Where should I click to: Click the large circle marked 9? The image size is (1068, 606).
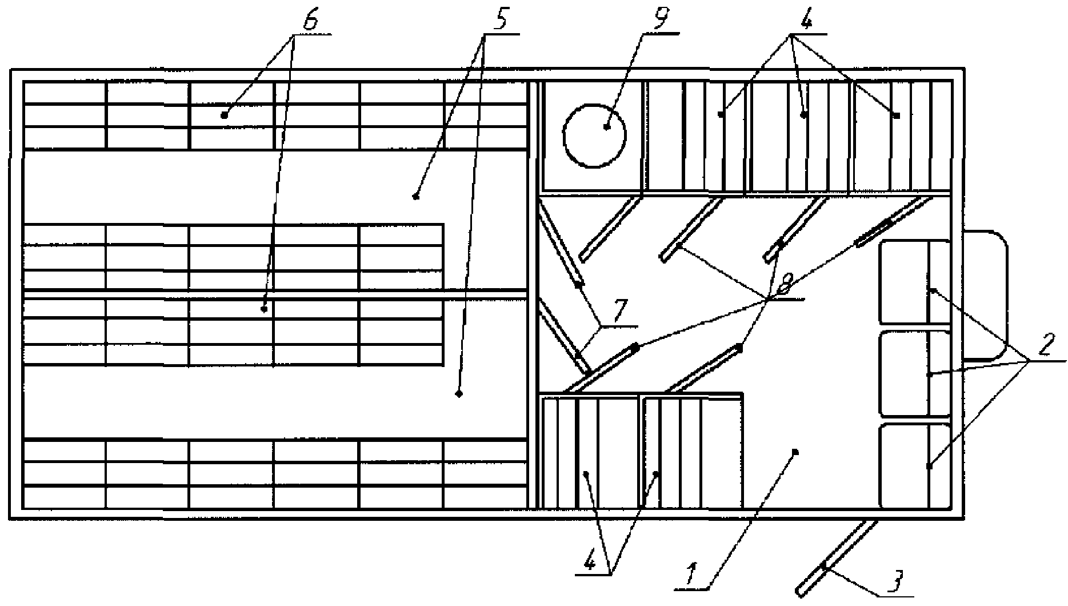click(594, 136)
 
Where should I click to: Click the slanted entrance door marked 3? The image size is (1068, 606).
click(837, 557)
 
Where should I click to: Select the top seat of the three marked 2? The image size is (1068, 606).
click(914, 282)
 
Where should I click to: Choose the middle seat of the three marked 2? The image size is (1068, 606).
click(914, 373)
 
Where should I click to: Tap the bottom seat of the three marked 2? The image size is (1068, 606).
click(914, 465)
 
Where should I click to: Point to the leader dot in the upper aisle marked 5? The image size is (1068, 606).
click(415, 197)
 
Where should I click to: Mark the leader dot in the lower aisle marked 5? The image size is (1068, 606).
click(458, 394)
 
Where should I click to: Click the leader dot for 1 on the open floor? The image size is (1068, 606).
click(795, 452)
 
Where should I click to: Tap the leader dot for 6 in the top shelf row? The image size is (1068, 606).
click(225, 115)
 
